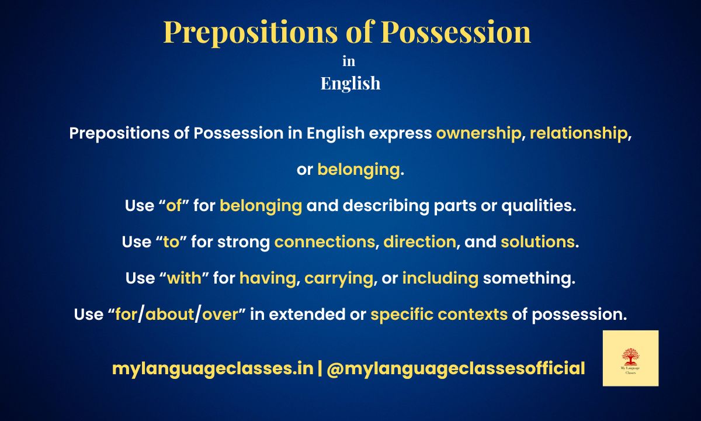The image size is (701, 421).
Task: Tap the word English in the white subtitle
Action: point(350,84)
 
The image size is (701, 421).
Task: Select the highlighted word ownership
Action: point(478,133)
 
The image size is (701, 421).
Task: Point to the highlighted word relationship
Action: point(578,133)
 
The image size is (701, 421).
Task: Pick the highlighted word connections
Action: point(325,242)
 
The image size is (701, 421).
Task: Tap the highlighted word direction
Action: point(419,242)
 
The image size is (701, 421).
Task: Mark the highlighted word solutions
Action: point(537,242)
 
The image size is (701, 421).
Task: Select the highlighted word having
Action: point(268,278)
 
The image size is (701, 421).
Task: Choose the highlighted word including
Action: point(440,278)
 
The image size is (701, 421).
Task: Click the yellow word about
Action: point(169,315)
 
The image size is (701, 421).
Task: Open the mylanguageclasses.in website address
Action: point(213,368)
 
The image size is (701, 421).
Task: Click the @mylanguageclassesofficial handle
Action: point(456,368)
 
